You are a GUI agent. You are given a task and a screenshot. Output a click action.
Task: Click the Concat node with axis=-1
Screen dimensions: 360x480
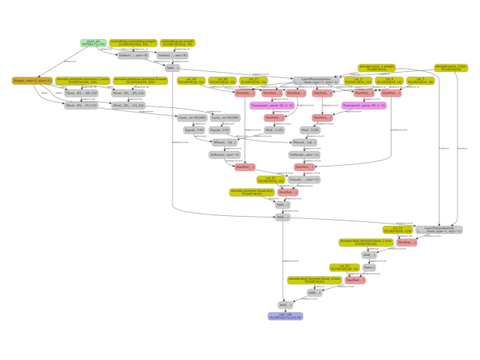304,179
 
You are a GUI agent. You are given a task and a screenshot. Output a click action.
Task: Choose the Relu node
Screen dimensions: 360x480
369,267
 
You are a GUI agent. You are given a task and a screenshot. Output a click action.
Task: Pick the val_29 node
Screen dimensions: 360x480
191,79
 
